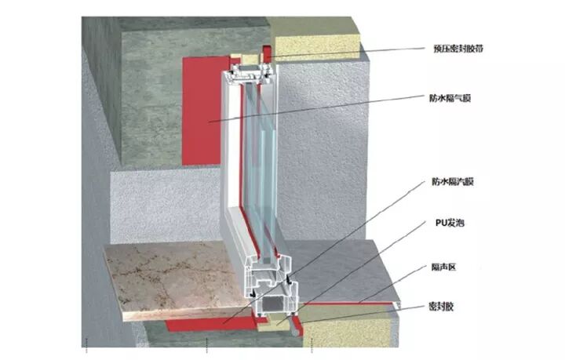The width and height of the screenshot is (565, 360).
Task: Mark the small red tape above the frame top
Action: [x=265, y=55]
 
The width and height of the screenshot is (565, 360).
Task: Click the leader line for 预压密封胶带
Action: [x=353, y=51]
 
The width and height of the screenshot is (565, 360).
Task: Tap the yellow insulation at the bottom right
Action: [x=353, y=325]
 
